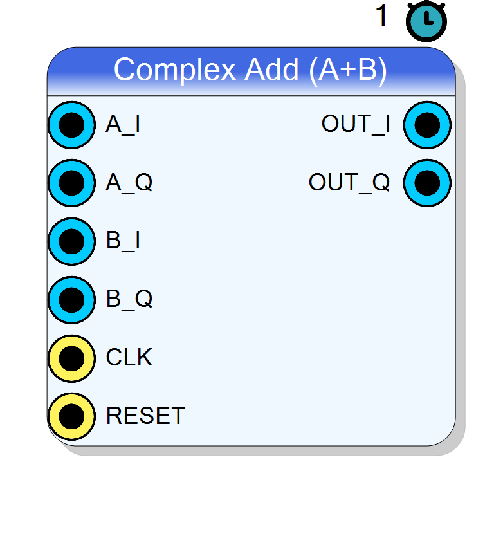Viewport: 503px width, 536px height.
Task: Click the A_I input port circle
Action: [72, 125]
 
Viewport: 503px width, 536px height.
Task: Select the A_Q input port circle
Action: [72, 183]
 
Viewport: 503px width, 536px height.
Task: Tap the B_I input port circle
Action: [72, 242]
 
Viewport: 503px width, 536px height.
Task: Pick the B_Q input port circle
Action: [72, 300]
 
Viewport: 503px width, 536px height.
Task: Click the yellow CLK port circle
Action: [72, 358]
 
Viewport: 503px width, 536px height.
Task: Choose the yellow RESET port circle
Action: [72, 417]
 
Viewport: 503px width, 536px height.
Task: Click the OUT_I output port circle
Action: [428, 125]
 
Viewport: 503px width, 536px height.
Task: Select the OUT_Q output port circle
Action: [428, 183]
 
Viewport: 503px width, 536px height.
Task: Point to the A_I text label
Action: [123, 124]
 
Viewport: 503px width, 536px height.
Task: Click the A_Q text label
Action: [129, 183]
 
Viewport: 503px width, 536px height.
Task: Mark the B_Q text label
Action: [129, 299]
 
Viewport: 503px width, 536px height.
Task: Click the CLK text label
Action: [129, 358]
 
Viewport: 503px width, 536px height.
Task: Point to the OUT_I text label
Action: [356, 124]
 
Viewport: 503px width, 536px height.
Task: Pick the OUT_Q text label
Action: [349, 183]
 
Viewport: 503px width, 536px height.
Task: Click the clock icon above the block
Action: [426, 21]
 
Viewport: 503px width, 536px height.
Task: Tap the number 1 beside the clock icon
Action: [381, 15]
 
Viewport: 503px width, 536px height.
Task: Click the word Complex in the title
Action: [175, 71]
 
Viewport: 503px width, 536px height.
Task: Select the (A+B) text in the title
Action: [348, 71]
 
